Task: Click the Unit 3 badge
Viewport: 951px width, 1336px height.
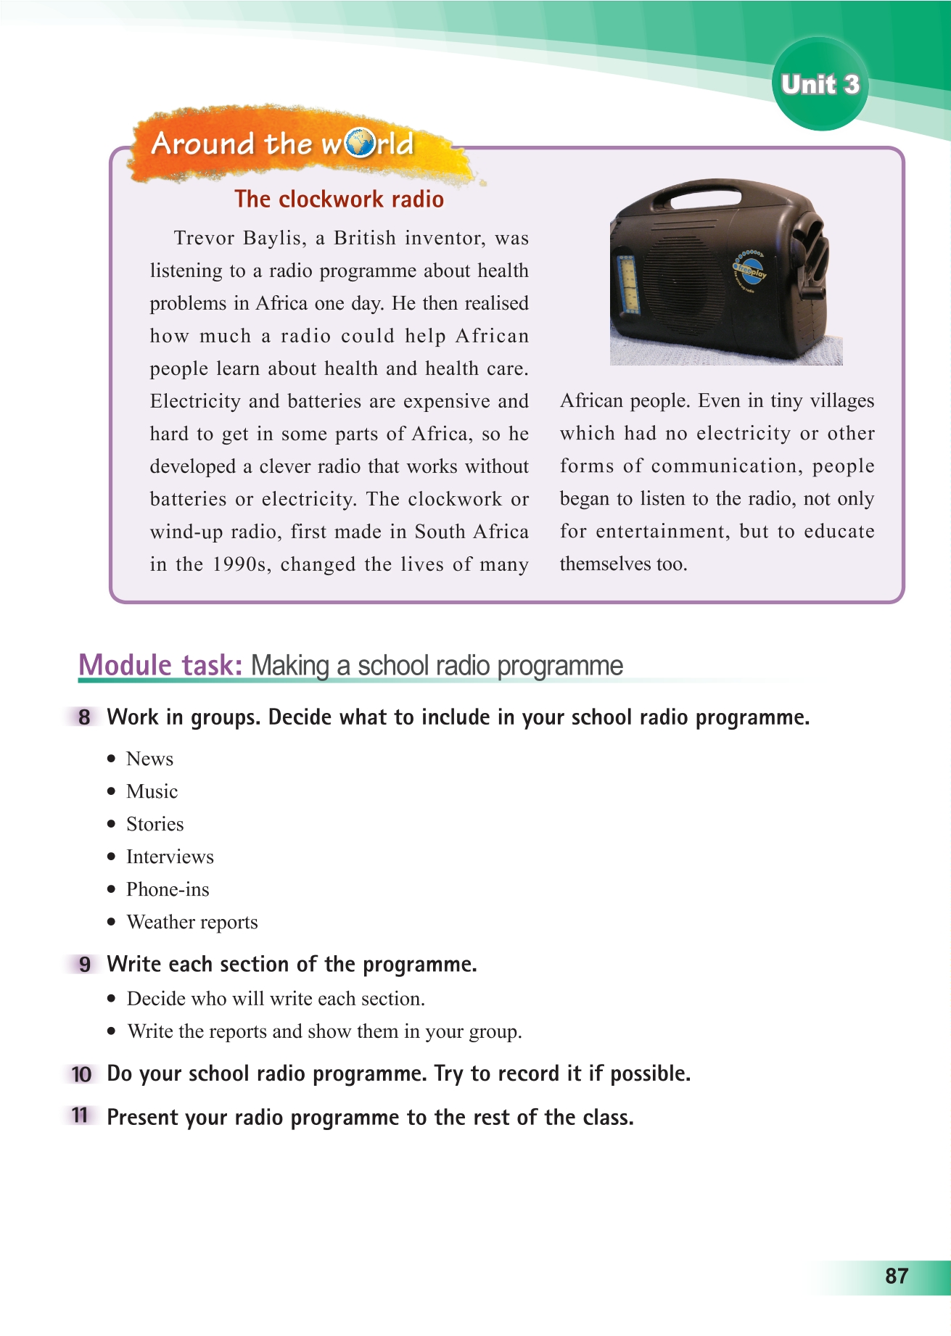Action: point(820,85)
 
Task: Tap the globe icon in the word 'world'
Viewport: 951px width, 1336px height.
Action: point(358,144)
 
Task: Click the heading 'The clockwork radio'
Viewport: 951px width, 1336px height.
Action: point(339,199)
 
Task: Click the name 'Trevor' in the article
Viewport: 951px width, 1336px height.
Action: point(205,239)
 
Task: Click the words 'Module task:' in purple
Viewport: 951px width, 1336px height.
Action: point(160,665)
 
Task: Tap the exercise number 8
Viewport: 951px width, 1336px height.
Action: point(85,718)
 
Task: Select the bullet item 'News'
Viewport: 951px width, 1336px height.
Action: point(149,759)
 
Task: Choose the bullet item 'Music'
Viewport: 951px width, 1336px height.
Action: point(152,792)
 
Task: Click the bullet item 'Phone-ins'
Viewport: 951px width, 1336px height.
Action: point(168,890)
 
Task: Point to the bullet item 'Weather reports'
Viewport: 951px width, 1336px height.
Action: point(192,923)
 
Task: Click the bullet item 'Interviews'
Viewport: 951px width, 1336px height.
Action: point(170,857)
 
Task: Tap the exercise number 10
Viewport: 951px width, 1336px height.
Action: point(82,1074)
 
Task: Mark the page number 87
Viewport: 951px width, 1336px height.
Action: point(897,1277)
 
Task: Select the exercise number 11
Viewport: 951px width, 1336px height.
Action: point(81,1116)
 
